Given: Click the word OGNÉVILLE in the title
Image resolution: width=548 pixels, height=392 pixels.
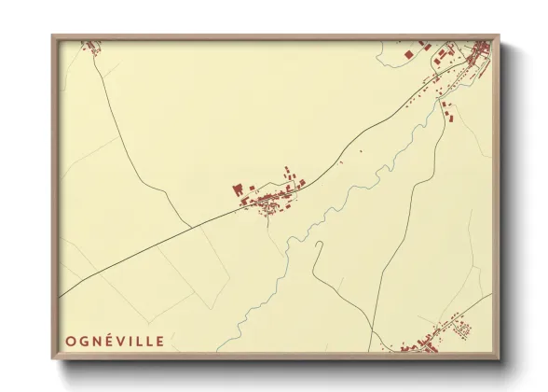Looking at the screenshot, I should [x=114, y=342].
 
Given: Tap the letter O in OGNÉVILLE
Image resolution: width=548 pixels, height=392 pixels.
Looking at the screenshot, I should [x=69, y=342].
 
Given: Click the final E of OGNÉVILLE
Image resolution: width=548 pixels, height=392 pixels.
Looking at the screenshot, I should [x=160, y=342].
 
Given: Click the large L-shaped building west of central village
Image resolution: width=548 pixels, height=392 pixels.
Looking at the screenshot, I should [x=238, y=189].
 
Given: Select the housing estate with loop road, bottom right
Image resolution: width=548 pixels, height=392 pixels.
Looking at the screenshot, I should [x=458, y=328].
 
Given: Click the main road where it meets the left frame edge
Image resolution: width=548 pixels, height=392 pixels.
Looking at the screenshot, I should [x=61, y=297].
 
